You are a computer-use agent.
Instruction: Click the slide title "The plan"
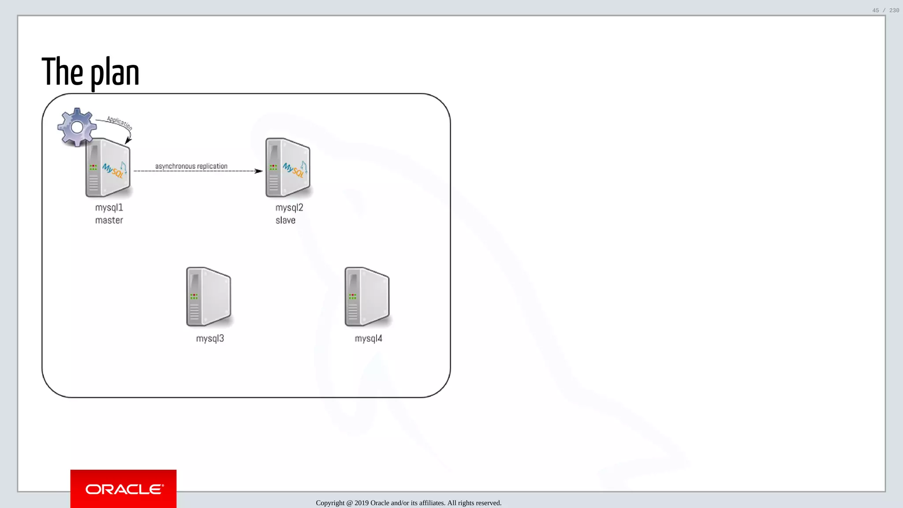click(90, 72)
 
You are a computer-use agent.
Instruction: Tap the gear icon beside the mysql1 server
click(77, 127)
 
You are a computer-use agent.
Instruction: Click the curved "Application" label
click(119, 123)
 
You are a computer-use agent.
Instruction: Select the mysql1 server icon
click(108, 168)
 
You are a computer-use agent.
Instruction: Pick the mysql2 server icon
click(288, 168)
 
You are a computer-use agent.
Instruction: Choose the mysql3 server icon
click(209, 297)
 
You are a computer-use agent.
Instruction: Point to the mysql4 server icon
click(367, 297)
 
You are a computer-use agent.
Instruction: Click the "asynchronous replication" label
click(191, 166)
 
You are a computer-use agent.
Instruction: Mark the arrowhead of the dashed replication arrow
click(259, 171)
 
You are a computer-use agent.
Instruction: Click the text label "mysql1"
click(109, 208)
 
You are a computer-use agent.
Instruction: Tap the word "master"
click(109, 220)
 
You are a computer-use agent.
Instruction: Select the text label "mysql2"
click(289, 208)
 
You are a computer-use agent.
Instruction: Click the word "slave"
click(285, 220)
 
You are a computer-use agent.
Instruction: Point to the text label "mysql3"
click(210, 339)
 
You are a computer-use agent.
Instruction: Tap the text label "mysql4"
click(368, 339)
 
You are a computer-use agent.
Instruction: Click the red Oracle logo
click(123, 489)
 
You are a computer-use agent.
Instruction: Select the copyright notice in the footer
click(408, 503)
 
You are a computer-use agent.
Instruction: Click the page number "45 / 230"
click(885, 10)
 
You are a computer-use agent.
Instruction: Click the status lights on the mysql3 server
click(194, 296)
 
